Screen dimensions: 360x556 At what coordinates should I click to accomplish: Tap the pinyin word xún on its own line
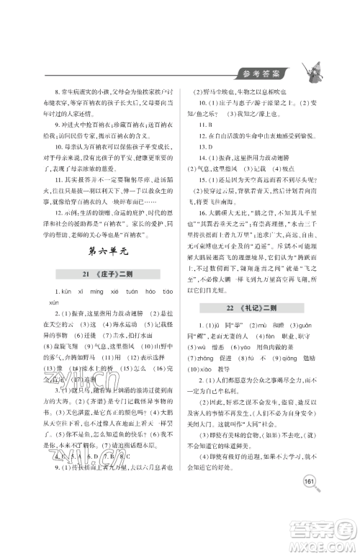pos(43,320)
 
